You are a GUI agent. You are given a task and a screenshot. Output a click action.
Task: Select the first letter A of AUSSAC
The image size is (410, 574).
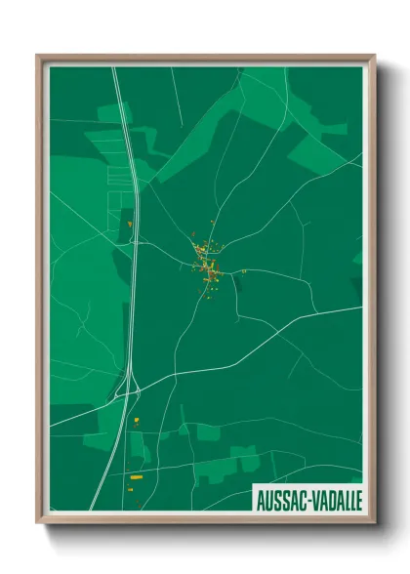point(260,499)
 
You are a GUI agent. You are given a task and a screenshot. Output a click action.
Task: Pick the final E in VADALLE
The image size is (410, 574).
point(358,499)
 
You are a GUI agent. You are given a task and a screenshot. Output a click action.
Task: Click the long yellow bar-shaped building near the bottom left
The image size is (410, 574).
point(137,476)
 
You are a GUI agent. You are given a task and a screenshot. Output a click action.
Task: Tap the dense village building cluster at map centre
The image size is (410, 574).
point(207,259)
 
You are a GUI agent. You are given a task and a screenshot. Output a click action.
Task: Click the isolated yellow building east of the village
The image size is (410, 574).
point(244,270)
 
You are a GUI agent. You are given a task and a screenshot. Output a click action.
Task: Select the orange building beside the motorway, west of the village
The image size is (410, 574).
point(130,224)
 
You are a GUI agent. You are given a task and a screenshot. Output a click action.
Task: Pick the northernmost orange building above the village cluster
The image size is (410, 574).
point(212,222)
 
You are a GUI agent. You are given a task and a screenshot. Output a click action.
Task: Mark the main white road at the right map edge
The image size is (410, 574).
point(359,307)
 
